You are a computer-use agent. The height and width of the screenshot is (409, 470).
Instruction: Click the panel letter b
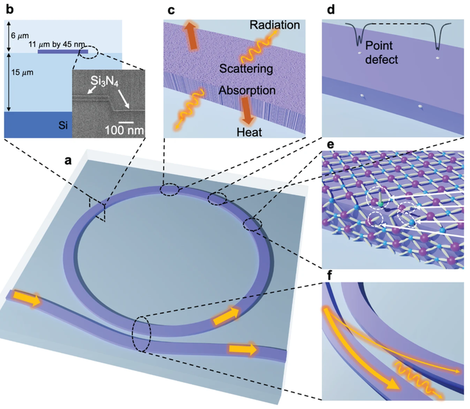(10, 10)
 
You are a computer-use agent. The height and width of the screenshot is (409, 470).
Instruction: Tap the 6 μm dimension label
(20, 36)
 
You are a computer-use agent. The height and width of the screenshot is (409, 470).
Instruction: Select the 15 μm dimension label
(22, 72)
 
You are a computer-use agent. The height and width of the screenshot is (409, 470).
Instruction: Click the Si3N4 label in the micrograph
(104, 81)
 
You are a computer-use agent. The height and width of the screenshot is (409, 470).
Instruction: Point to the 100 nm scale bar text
(125, 130)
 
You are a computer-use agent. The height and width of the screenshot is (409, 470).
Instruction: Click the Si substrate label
(63, 125)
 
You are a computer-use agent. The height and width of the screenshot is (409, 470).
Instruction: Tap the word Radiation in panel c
(275, 25)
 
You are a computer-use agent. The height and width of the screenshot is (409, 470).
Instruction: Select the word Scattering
(246, 68)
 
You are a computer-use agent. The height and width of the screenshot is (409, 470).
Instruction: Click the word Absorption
(247, 90)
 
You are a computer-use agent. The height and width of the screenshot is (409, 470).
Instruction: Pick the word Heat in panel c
(249, 132)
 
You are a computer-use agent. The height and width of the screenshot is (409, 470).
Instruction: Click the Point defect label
(381, 52)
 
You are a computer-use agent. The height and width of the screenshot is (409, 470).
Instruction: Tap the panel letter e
(330, 144)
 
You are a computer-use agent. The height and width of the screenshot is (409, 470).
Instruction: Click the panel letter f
(330, 275)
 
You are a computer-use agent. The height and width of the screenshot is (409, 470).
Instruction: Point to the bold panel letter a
(69, 160)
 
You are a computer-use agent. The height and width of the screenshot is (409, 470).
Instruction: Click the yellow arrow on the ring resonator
(226, 317)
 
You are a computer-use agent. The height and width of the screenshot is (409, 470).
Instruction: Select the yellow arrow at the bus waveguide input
(27, 299)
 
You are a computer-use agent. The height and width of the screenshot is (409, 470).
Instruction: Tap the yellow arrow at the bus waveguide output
(243, 350)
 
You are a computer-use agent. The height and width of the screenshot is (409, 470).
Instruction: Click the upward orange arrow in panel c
(192, 35)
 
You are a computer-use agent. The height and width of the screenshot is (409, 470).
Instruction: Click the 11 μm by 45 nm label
(57, 44)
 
